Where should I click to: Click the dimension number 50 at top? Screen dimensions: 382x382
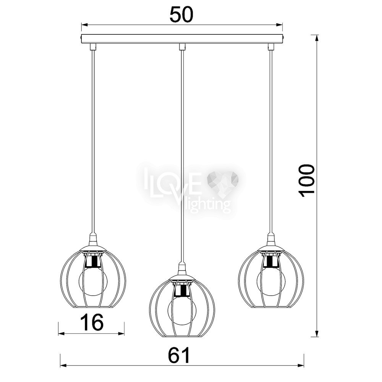coord(181,15)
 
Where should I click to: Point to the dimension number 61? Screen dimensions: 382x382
coord(179,355)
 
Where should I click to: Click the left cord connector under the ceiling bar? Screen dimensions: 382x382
coord(93,47)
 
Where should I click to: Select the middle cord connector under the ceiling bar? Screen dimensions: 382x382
coord(182,47)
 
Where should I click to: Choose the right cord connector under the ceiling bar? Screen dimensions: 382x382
coord(271,47)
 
